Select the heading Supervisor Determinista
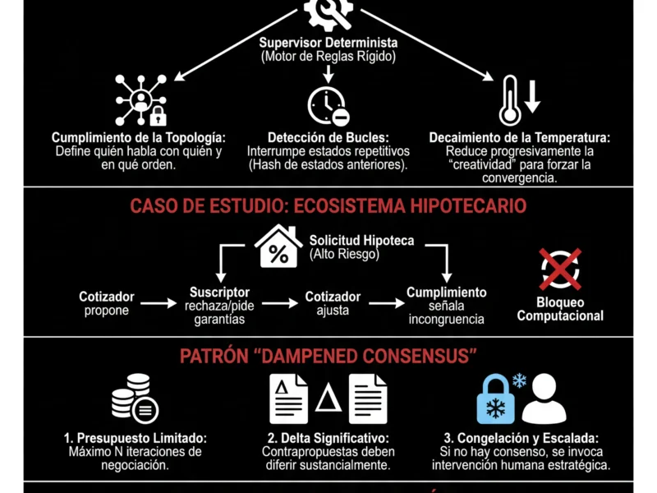(x=328, y=43)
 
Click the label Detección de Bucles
(x=328, y=138)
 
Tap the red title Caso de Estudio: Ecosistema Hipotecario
(x=328, y=205)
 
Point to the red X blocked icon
(x=560, y=269)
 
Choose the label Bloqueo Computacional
(x=560, y=309)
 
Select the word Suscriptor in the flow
(x=219, y=293)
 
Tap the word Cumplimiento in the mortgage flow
(x=447, y=293)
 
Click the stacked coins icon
(x=134, y=399)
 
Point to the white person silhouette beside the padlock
(x=544, y=399)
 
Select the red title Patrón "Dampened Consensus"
(x=328, y=356)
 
